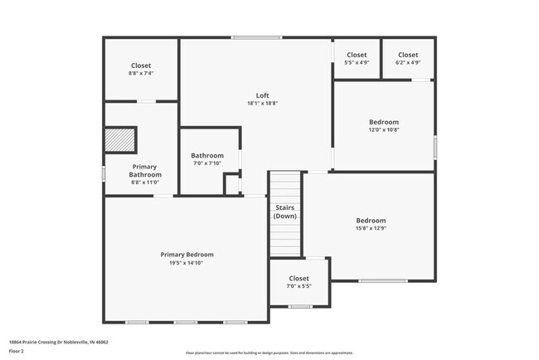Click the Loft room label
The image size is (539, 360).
[x=262, y=95]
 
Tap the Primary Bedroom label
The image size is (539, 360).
[x=187, y=255]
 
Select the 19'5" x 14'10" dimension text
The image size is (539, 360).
[x=187, y=263]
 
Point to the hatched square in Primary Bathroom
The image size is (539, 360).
[x=120, y=139]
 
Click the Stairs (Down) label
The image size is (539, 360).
[x=285, y=212]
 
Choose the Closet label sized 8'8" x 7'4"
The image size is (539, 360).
[x=141, y=66]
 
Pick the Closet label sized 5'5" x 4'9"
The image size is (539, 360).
[x=357, y=55]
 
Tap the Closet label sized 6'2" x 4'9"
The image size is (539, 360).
[x=407, y=55]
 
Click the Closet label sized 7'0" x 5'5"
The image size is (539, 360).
[x=299, y=279]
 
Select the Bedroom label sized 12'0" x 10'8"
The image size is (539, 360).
[x=383, y=122]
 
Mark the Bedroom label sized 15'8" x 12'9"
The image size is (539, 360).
[x=370, y=221]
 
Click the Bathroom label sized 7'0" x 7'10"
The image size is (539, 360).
[x=207, y=155]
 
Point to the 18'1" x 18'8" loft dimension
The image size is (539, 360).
[x=262, y=104]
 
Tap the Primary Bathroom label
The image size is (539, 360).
[x=145, y=171]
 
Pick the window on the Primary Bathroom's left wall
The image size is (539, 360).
[x=104, y=173]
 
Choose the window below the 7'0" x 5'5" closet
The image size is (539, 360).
[x=300, y=306]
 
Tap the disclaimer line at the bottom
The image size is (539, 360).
[x=269, y=353]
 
